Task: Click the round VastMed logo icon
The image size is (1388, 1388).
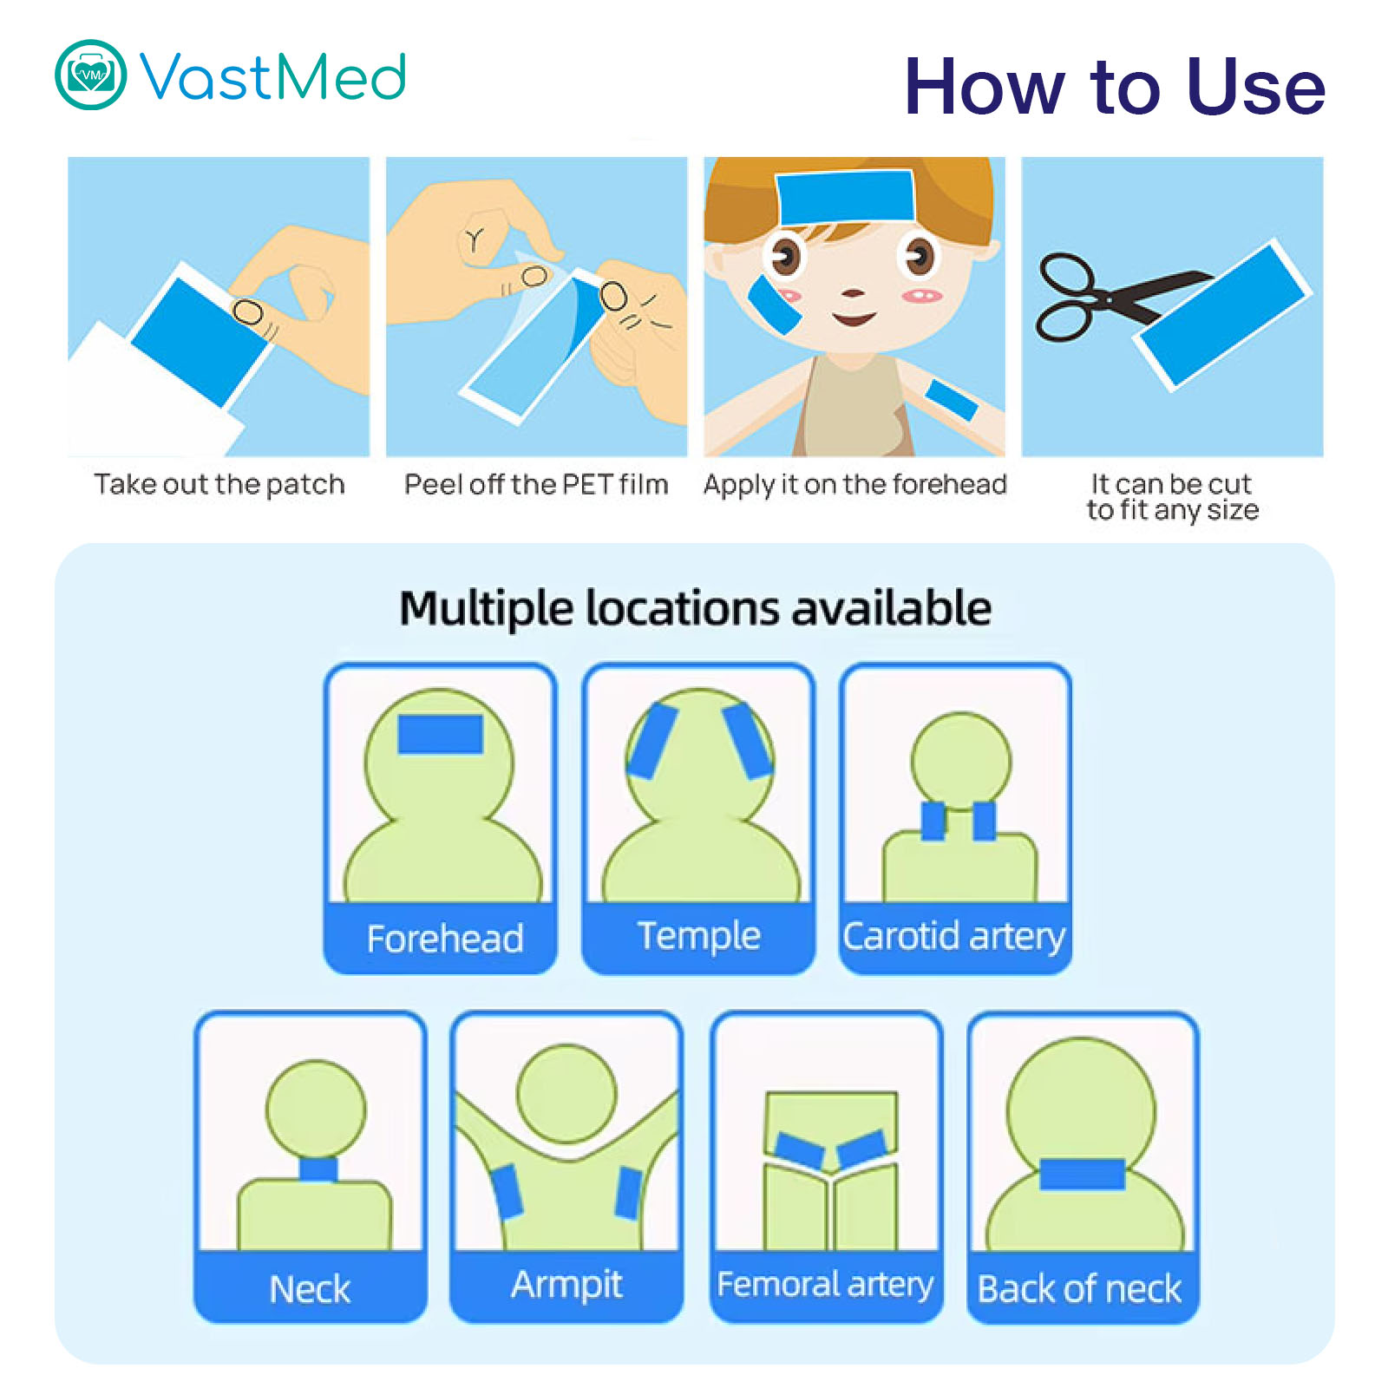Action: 91,75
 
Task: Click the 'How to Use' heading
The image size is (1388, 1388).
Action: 1115,86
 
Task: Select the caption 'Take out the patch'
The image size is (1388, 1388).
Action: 219,483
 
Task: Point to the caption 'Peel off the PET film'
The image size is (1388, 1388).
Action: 536,483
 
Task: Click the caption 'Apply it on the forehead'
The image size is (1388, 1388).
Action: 855,484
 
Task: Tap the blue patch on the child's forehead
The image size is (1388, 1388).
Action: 845,196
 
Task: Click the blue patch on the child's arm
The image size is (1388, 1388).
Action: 952,400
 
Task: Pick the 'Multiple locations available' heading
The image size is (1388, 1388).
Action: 696,608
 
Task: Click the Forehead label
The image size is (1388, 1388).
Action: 445,939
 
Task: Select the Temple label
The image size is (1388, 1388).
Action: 699,936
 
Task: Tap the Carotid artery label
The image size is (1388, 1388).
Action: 954,937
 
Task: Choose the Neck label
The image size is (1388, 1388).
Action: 310,1289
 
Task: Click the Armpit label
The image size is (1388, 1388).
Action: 566,1285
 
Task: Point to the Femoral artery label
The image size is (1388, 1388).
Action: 825,1285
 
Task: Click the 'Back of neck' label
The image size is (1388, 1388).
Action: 1079,1289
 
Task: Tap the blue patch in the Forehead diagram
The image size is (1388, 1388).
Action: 440,734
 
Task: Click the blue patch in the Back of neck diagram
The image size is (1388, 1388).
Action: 1082,1174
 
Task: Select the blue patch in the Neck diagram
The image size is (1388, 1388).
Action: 318,1169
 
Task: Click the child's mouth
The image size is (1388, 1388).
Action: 854,318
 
